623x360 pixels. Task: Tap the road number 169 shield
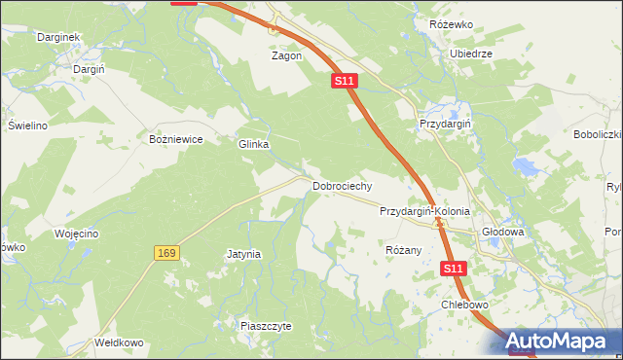click(165, 253)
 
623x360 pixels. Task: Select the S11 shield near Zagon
click(343, 82)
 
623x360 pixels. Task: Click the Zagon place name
click(286, 56)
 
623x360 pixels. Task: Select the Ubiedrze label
click(470, 54)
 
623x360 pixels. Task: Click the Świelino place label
click(28, 126)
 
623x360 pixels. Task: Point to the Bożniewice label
click(175, 139)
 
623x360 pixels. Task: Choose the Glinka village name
click(253, 144)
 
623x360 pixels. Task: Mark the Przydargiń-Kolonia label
click(424, 211)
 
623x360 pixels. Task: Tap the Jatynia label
click(243, 255)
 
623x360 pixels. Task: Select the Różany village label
click(403, 250)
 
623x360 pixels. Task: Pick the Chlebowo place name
click(463, 305)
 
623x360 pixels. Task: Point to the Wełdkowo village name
click(119, 342)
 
